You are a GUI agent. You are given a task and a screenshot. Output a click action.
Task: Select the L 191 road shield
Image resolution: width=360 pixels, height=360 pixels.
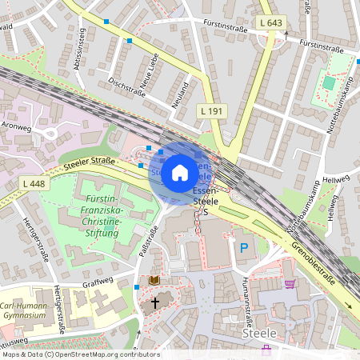point(212,109)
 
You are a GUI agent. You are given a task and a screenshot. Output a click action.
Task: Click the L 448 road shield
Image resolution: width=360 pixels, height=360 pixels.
point(35,184)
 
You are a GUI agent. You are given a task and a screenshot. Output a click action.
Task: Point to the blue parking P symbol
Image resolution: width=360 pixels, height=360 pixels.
point(243,248)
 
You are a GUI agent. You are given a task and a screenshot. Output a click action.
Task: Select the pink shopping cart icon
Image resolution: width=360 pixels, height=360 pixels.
point(290,282)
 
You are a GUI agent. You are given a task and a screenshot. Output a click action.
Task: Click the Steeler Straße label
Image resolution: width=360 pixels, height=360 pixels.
point(90,163)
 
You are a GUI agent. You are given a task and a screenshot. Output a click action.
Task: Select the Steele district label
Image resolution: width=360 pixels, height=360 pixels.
point(258,332)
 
